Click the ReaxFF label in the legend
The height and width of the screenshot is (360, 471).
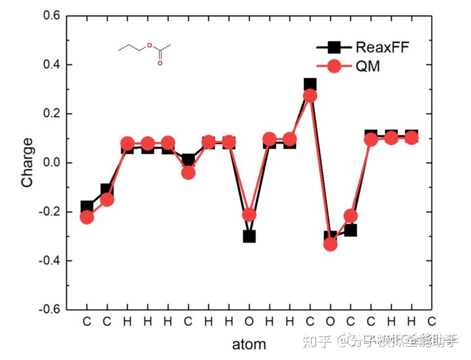(x=382, y=47)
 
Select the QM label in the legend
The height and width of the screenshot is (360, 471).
(x=368, y=66)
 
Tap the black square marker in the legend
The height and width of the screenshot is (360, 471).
(x=334, y=47)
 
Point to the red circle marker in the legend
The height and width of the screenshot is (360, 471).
(x=334, y=66)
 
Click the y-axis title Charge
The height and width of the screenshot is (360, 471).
(x=28, y=162)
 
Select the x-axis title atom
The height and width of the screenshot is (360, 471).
(x=248, y=344)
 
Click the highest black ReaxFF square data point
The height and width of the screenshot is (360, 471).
(x=310, y=84)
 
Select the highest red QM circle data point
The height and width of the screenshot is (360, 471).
(x=310, y=96)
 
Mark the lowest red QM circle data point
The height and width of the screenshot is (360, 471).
(x=330, y=244)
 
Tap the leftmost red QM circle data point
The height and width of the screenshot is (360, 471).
(x=87, y=217)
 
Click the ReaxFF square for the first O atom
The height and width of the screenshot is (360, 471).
(x=249, y=237)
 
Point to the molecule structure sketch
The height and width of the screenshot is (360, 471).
(x=144, y=53)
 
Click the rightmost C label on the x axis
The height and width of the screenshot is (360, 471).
(x=431, y=321)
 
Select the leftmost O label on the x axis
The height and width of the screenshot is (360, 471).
(x=249, y=321)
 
